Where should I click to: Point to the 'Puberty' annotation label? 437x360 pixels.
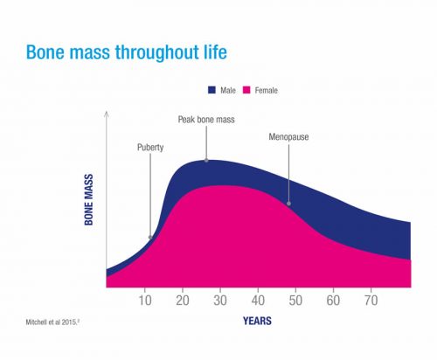(150, 149)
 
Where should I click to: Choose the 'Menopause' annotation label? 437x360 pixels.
(289, 136)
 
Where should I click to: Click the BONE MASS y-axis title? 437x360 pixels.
(89, 204)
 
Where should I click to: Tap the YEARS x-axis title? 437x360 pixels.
(257, 321)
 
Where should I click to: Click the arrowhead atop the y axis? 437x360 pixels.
(106, 114)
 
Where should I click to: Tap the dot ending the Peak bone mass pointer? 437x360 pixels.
(206, 160)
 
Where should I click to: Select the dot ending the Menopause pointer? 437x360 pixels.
(289, 204)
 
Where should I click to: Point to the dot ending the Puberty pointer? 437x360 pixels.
(150, 236)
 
